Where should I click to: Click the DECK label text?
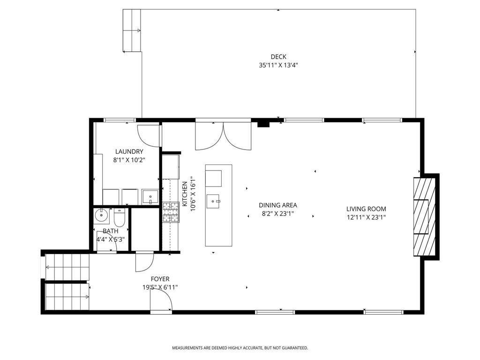pyautogui.click(x=278, y=57)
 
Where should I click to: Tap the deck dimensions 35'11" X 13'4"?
pyautogui.click(x=278, y=66)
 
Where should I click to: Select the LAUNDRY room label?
pyautogui.click(x=129, y=151)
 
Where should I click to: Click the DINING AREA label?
pyautogui.click(x=278, y=205)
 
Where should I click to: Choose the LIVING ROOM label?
pyautogui.click(x=366, y=209)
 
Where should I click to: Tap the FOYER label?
pyautogui.click(x=160, y=279)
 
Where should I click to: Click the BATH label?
pyautogui.click(x=111, y=231)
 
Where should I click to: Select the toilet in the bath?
pyautogui.click(x=119, y=217)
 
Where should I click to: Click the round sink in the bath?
pyautogui.click(x=101, y=216)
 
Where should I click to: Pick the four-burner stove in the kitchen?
pyautogui.click(x=170, y=212)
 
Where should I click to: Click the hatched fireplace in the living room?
pyautogui.click(x=424, y=217)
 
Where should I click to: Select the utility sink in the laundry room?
pyautogui.click(x=150, y=196)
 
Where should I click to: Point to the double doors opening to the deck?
pyautogui.click(x=223, y=135)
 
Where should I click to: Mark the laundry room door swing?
pyautogui.click(x=149, y=135)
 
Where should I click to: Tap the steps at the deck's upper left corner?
pyautogui.click(x=132, y=30)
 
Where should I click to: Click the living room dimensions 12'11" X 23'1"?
pyautogui.click(x=366, y=217)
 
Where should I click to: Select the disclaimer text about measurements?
pyautogui.click(x=240, y=348)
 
